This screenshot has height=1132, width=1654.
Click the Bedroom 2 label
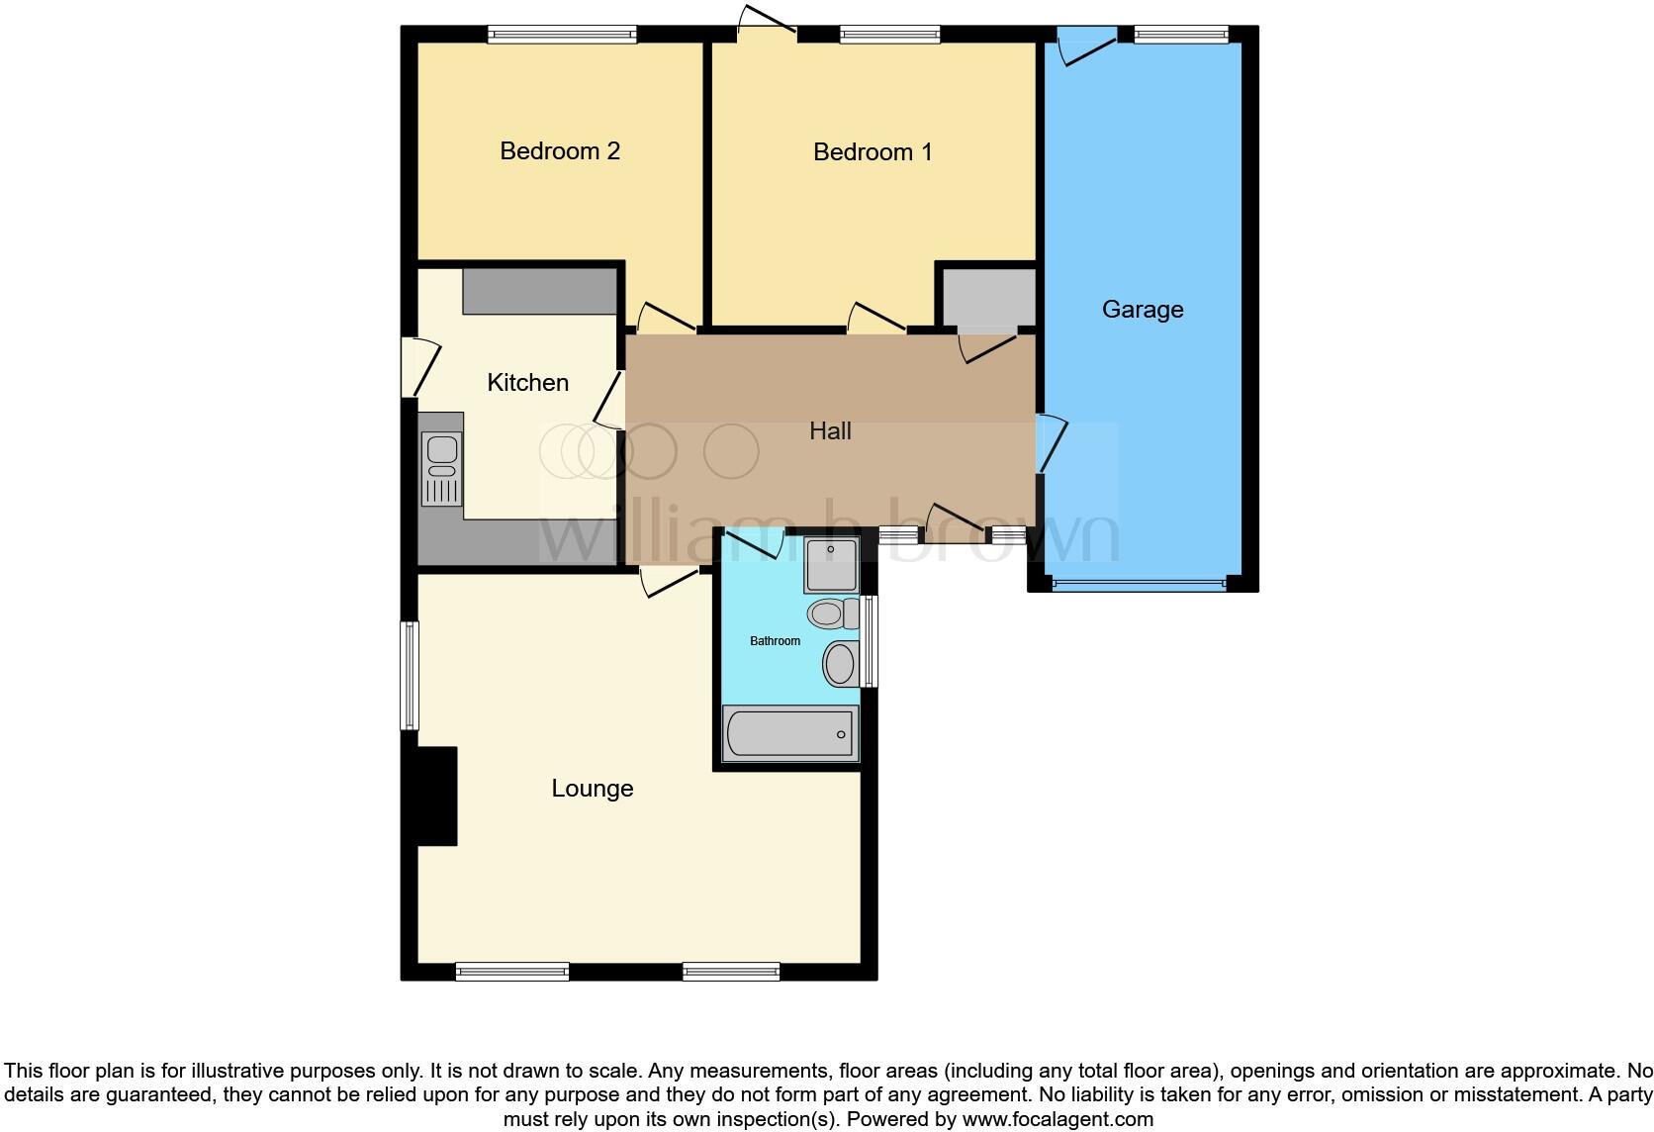coord(560,151)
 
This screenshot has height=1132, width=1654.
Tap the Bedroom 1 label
coord(873,152)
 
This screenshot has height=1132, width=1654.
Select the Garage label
coord(1143,310)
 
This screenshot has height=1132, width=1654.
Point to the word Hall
coord(830,431)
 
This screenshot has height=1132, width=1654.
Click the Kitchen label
coord(527,383)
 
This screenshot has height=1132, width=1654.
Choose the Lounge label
coord(592,789)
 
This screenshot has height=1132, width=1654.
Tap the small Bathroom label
coord(775,641)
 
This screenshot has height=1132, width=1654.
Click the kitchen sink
coord(441,469)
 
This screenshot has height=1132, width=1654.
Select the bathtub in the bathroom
coord(789,734)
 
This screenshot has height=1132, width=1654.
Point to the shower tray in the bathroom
coord(831,565)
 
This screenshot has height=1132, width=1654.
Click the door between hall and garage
coord(1051,444)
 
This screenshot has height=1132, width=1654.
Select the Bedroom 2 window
coord(562,35)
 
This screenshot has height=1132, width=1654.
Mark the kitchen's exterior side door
coord(419,367)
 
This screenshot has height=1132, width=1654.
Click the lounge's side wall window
coord(410,675)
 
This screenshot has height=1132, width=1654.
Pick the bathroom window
coord(870,640)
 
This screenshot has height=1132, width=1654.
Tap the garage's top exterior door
coord(1086,46)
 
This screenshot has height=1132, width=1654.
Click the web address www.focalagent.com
coord(1057,1119)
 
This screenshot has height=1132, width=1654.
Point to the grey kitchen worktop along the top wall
coord(539,290)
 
